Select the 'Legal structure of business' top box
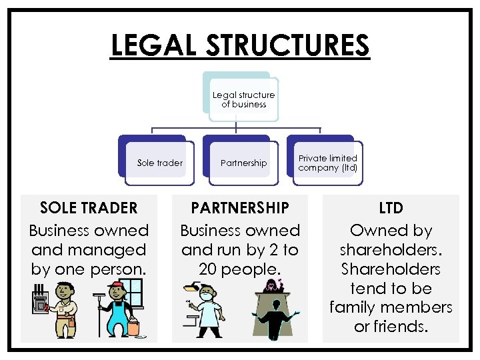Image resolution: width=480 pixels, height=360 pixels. pyautogui.click(x=243, y=99)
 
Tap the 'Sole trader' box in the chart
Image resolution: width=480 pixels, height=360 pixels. pyautogui.click(x=160, y=163)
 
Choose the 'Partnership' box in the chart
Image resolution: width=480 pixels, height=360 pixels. pyautogui.click(x=243, y=163)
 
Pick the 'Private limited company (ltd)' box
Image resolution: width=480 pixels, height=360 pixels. pyautogui.click(x=328, y=163)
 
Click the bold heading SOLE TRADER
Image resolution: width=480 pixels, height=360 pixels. pyautogui.click(x=89, y=207)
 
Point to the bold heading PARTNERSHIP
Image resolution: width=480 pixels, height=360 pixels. pyautogui.click(x=240, y=207)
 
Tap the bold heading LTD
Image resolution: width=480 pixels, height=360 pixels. pyautogui.click(x=391, y=208)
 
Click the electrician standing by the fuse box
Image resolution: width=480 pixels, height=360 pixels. pyautogui.click(x=65, y=307)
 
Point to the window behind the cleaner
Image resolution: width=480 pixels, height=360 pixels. pyautogui.click(x=135, y=294)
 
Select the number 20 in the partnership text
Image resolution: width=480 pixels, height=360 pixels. pyautogui.click(x=209, y=269)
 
